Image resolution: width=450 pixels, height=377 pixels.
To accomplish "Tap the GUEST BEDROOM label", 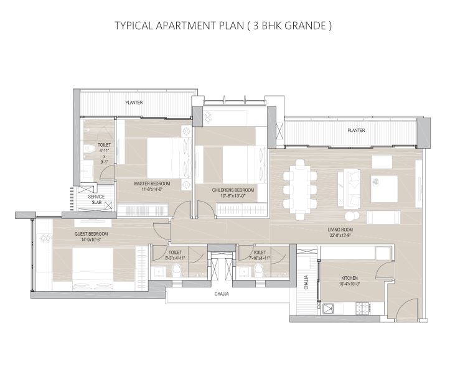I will (91, 234).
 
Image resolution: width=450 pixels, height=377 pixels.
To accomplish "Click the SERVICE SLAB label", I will (97, 200).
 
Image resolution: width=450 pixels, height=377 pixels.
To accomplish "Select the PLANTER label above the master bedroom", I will (133, 102).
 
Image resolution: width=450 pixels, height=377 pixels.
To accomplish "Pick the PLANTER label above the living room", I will (357, 130).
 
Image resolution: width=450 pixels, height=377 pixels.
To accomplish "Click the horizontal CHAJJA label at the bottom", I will (222, 294).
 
